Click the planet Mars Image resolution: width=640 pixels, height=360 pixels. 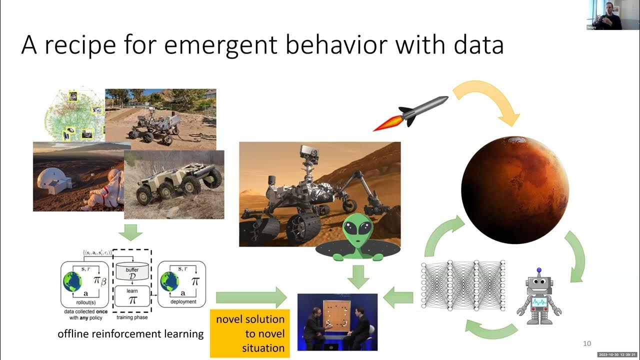(514, 189)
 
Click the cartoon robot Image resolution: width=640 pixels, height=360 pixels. (538, 295)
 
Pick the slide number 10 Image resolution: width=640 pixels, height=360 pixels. (587, 343)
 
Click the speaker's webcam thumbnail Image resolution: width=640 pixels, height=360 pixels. (605, 15)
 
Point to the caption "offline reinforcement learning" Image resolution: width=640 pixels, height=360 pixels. (131, 333)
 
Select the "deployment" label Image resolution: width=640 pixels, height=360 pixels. (182, 302)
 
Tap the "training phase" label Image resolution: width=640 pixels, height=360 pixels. (131, 317)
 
